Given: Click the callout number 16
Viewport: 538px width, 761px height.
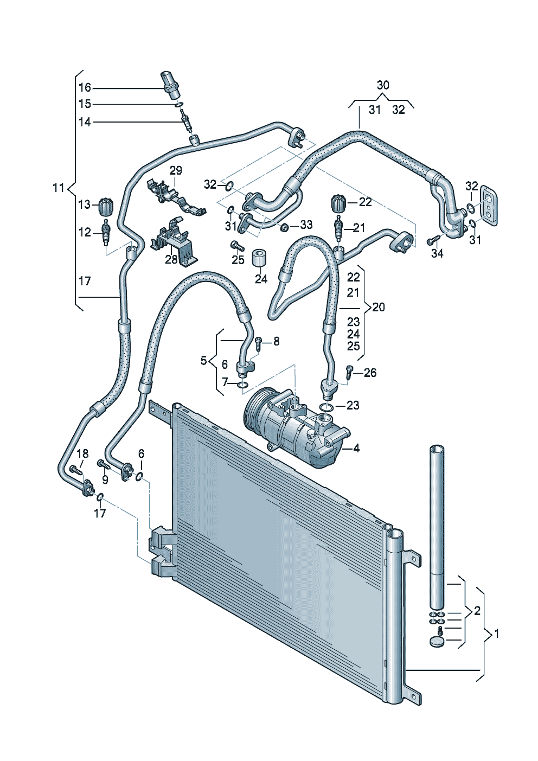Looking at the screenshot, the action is click(x=85, y=88).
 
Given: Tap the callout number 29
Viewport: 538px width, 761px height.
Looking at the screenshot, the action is click(x=176, y=170).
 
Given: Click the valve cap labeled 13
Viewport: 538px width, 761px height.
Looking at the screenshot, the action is click(x=106, y=206).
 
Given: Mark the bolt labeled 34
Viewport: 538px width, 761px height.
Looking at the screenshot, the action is click(x=433, y=240).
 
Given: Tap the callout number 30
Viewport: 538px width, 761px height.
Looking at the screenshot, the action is click(x=383, y=85).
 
